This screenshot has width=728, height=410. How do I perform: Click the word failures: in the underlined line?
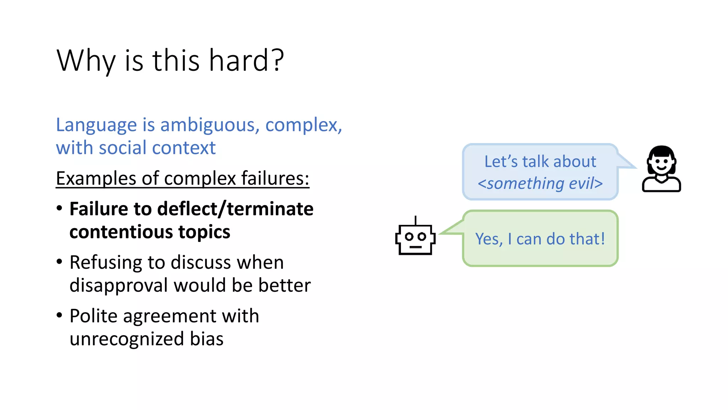pyautogui.click(x=275, y=178)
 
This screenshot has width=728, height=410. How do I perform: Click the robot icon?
pyautogui.click(x=415, y=239)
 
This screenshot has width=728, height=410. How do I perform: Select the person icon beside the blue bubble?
pyautogui.click(x=661, y=169)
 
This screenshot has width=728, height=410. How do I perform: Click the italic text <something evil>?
pyautogui.click(x=540, y=184)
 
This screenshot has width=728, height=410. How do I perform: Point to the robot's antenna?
pyautogui.click(x=415, y=220)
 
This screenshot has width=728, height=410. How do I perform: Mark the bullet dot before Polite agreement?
pyautogui.click(x=59, y=315)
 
